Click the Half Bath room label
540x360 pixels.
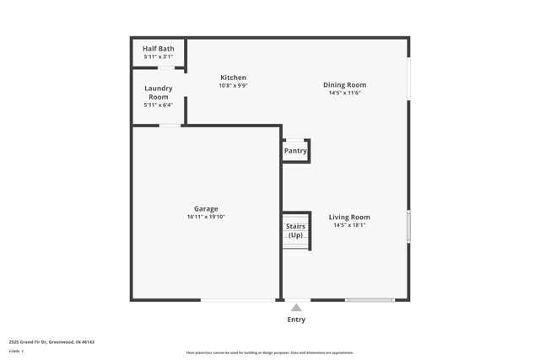[x=159, y=49]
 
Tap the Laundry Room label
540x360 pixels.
[x=159, y=92]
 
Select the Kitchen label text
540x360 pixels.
[x=233, y=78]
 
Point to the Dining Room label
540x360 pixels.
[x=344, y=84]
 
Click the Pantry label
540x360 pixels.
[x=295, y=151]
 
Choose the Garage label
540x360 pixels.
[x=206, y=208]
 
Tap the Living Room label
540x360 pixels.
[x=349, y=217]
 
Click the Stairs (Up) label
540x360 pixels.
[x=295, y=230]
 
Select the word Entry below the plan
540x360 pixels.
[x=296, y=320]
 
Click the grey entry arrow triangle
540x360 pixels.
[x=296, y=308]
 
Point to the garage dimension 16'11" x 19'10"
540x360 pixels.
[x=206, y=217]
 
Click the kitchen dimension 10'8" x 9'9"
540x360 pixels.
[x=233, y=85]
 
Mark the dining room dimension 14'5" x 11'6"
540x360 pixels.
[x=344, y=93]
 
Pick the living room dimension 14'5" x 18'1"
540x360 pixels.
[x=349, y=225]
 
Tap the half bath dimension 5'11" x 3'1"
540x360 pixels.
[x=159, y=56]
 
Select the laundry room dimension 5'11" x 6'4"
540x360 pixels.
[x=159, y=105]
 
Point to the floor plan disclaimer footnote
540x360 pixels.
[x=269, y=352]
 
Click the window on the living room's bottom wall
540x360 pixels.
[x=370, y=299]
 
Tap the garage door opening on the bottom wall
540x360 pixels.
[x=238, y=299]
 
